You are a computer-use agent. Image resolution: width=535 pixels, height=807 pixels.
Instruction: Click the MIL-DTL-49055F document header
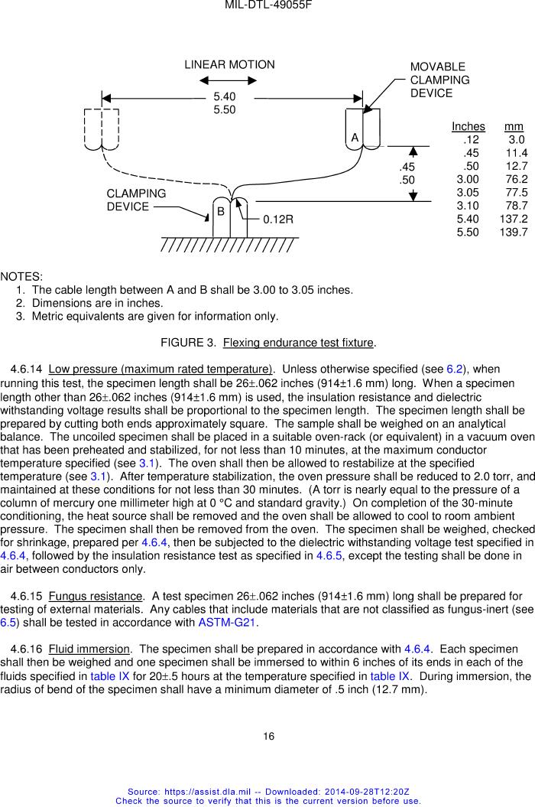pyautogui.click(x=267, y=5)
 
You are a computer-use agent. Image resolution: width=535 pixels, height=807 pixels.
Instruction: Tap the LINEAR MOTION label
pyautogui.click(x=229, y=65)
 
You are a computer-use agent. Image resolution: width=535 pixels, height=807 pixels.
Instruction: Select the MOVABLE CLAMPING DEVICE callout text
pyautogui.click(x=439, y=80)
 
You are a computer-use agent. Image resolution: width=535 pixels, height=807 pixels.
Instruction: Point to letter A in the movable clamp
pyautogui.click(x=355, y=138)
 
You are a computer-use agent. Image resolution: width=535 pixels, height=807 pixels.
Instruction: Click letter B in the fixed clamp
pyautogui.click(x=220, y=210)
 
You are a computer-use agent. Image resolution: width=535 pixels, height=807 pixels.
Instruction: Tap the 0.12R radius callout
pyautogui.click(x=278, y=220)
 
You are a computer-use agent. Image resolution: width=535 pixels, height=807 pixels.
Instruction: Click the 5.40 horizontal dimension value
pyautogui.click(x=224, y=96)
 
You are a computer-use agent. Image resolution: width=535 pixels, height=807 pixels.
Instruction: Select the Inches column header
pyautogui.click(x=468, y=126)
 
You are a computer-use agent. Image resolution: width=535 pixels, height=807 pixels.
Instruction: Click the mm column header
pyautogui.click(x=514, y=126)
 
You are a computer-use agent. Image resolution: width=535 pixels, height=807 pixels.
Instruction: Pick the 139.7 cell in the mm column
pyautogui.click(x=513, y=231)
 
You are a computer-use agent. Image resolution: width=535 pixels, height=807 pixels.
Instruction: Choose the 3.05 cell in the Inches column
pyautogui.click(x=468, y=192)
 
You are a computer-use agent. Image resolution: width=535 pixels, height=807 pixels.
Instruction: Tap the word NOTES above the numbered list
pyautogui.click(x=21, y=276)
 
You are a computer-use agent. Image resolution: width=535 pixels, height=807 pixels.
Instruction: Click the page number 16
pyautogui.click(x=268, y=736)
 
